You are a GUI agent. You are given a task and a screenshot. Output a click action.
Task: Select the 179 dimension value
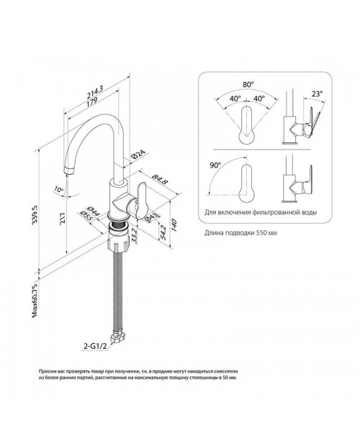click(x=91, y=102)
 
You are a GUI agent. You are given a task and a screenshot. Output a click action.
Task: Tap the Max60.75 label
click(x=35, y=301)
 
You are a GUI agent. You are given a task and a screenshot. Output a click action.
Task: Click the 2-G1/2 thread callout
click(x=94, y=347)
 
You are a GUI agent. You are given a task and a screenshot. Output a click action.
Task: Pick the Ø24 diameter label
click(x=138, y=155)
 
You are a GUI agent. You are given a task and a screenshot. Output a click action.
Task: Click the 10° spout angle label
click(x=58, y=189)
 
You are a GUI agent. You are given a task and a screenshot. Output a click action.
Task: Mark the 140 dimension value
click(x=174, y=225)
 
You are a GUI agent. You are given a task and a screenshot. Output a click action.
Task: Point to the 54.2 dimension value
click(x=163, y=232)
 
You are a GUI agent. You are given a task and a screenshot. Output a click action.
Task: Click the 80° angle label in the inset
click(x=248, y=84)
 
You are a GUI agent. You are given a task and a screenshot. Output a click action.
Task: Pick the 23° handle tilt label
click(x=317, y=94)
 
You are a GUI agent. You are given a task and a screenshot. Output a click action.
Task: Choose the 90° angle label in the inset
click(x=215, y=165)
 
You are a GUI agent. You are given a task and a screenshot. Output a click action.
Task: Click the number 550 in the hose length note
click(x=261, y=232)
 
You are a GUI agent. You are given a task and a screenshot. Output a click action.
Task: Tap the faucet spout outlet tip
click(x=68, y=173)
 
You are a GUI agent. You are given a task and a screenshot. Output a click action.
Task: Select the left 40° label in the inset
click(x=235, y=99)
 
